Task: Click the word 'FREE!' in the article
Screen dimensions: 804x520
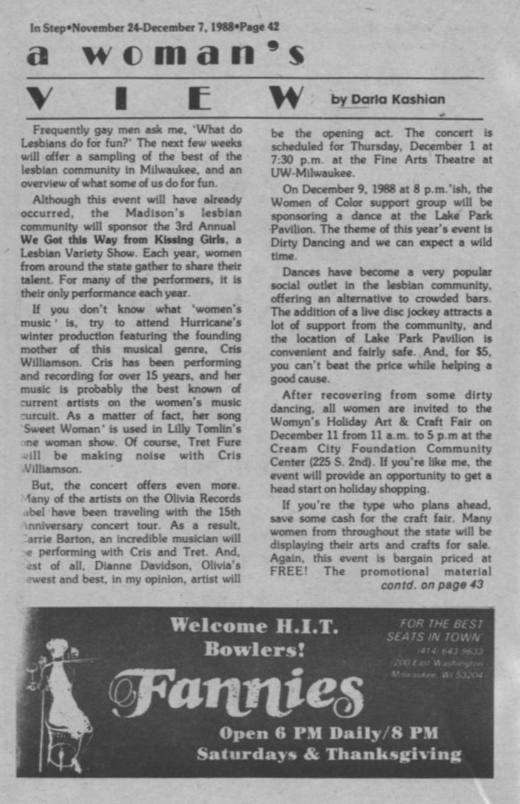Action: pyautogui.click(x=288, y=571)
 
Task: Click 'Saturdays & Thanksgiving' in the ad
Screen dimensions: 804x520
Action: pyautogui.click(x=328, y=754)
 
